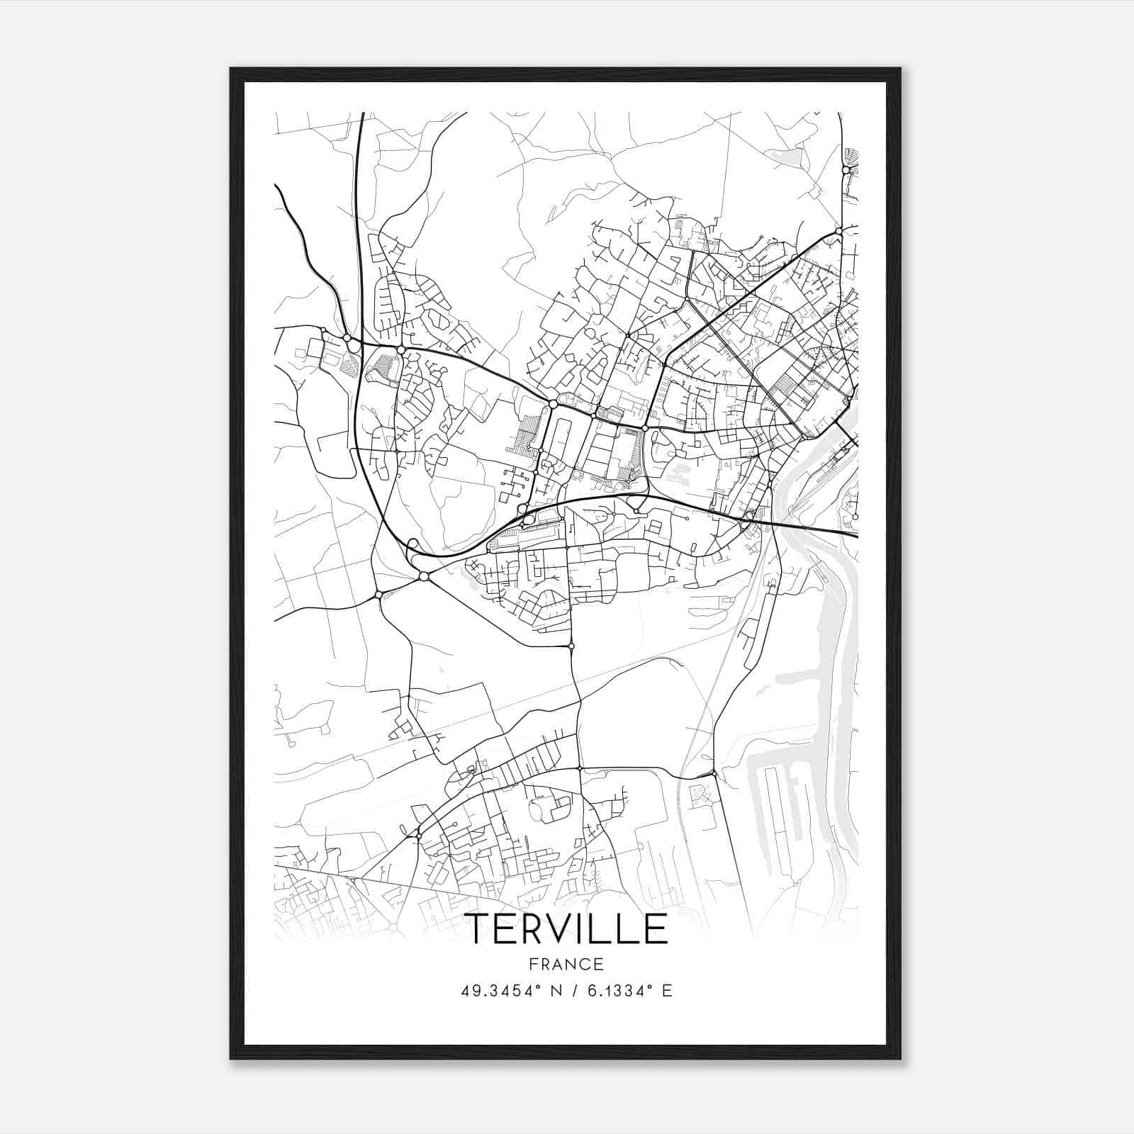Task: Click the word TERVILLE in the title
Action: tap(566, 928)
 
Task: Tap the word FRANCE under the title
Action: tap(566, 964)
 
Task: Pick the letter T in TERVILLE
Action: tap(477, 928)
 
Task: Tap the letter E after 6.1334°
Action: tap(666, 991)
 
